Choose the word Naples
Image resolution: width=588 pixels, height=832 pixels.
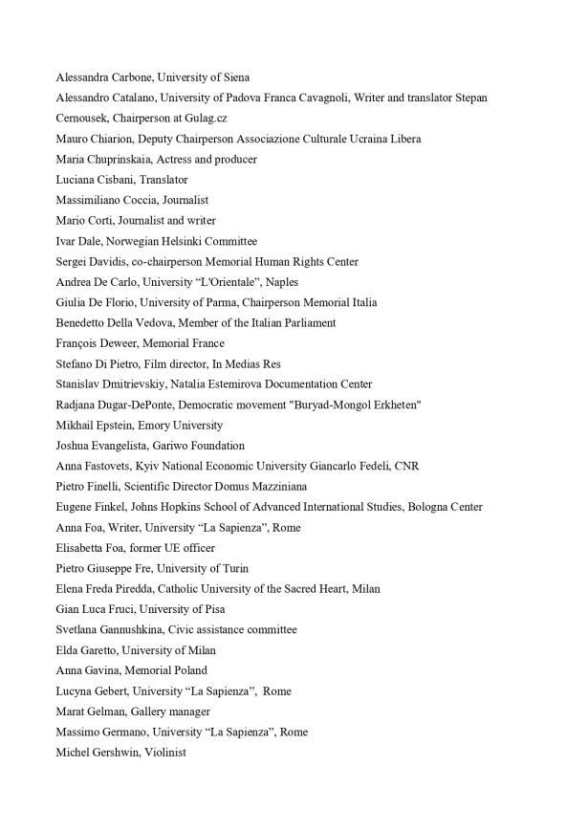[278, 282]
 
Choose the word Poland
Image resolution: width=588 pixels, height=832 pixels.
[190, 671]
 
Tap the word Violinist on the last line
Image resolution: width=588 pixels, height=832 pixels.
[164, 754]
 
